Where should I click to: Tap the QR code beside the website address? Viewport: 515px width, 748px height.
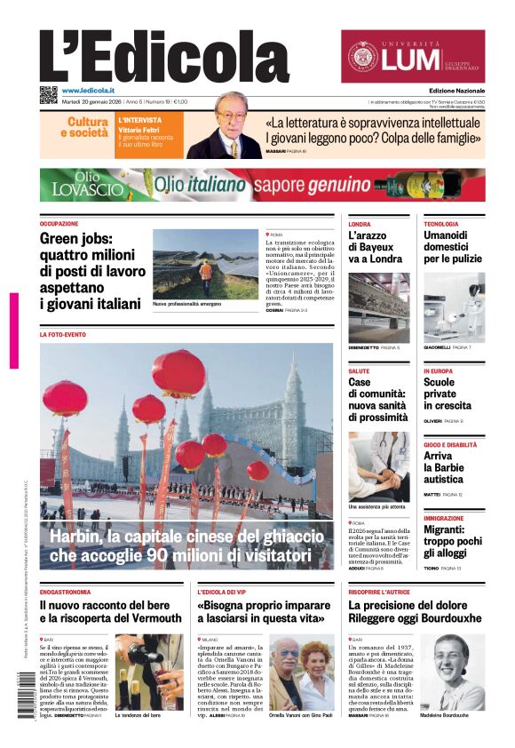48,95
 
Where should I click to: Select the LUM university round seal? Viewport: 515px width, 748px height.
362,57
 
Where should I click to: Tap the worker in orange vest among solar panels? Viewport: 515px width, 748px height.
205,269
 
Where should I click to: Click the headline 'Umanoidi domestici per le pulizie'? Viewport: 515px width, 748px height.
452,247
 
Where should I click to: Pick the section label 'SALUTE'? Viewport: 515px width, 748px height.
359,370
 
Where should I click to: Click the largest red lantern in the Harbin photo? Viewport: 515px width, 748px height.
178,373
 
